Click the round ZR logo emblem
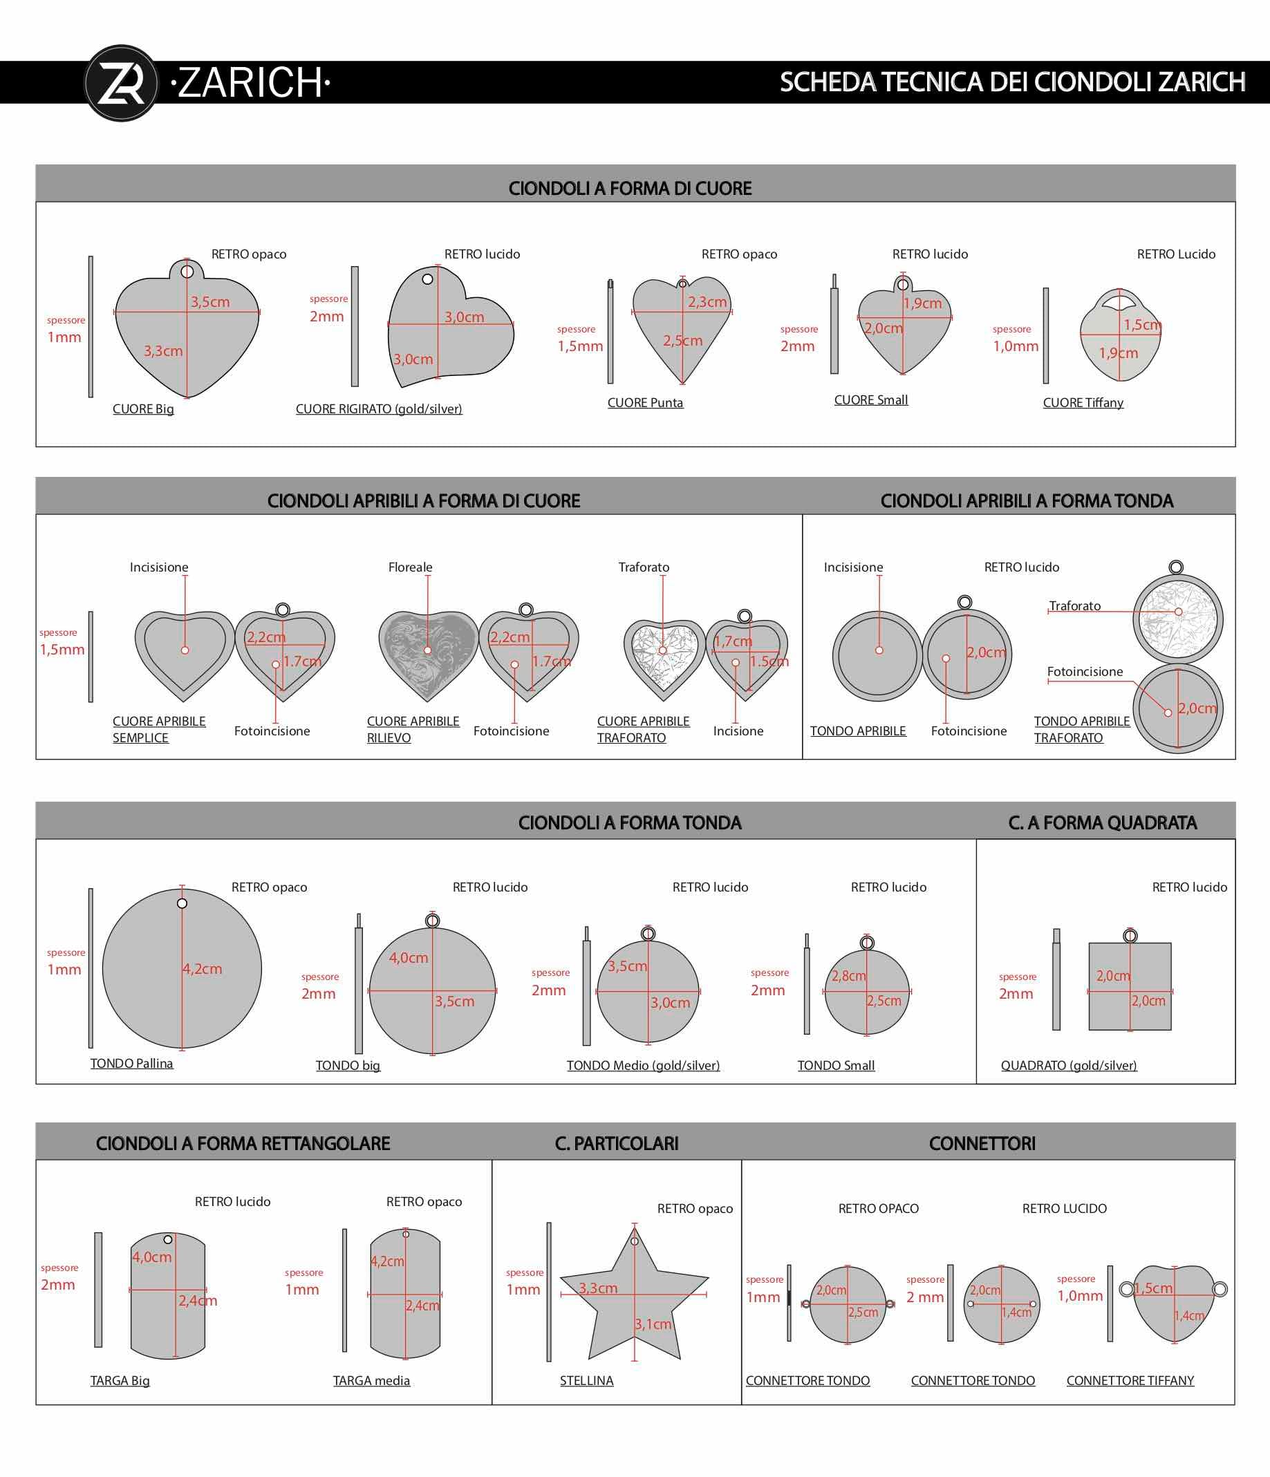pyautogui.click(x=121, y=84)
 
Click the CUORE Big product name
pyautogui.click(x=143, y=409)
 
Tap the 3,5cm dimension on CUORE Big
pyautogui.click(x=210, y=302)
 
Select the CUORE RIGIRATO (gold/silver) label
pyautogui.click(x=379, y=409)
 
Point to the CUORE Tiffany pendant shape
pyautogui.click(x=1120, y=335)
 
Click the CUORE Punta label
pyautogui.click(x=645, y=403)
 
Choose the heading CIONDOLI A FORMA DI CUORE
pyautogui.click(x=631, y=188)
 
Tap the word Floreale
pyautogui.click(x=410, y=567)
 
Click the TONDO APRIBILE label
pyautogui.click(x=858, y=731)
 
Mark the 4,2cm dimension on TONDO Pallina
pyautogui.click(x=202, y=970)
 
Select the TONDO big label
pyautogui.click(x=348, y=1066)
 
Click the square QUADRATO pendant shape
pyautogui.click(x=1130, y=986)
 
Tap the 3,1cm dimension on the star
pyautogui.click(x=654, y=1324)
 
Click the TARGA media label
pyautogui.click(x=371, y=1381)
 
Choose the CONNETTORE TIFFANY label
pyautogui.click(x=1130, y=1381)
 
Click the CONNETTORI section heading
pyautogui.click(x=982, y=1144)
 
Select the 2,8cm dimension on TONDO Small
pyautogui.click(x=848, y=976)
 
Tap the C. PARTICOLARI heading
pyautogui.click(x=617, y=1144)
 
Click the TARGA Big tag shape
pyautogui.click(x=167, y=1297)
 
